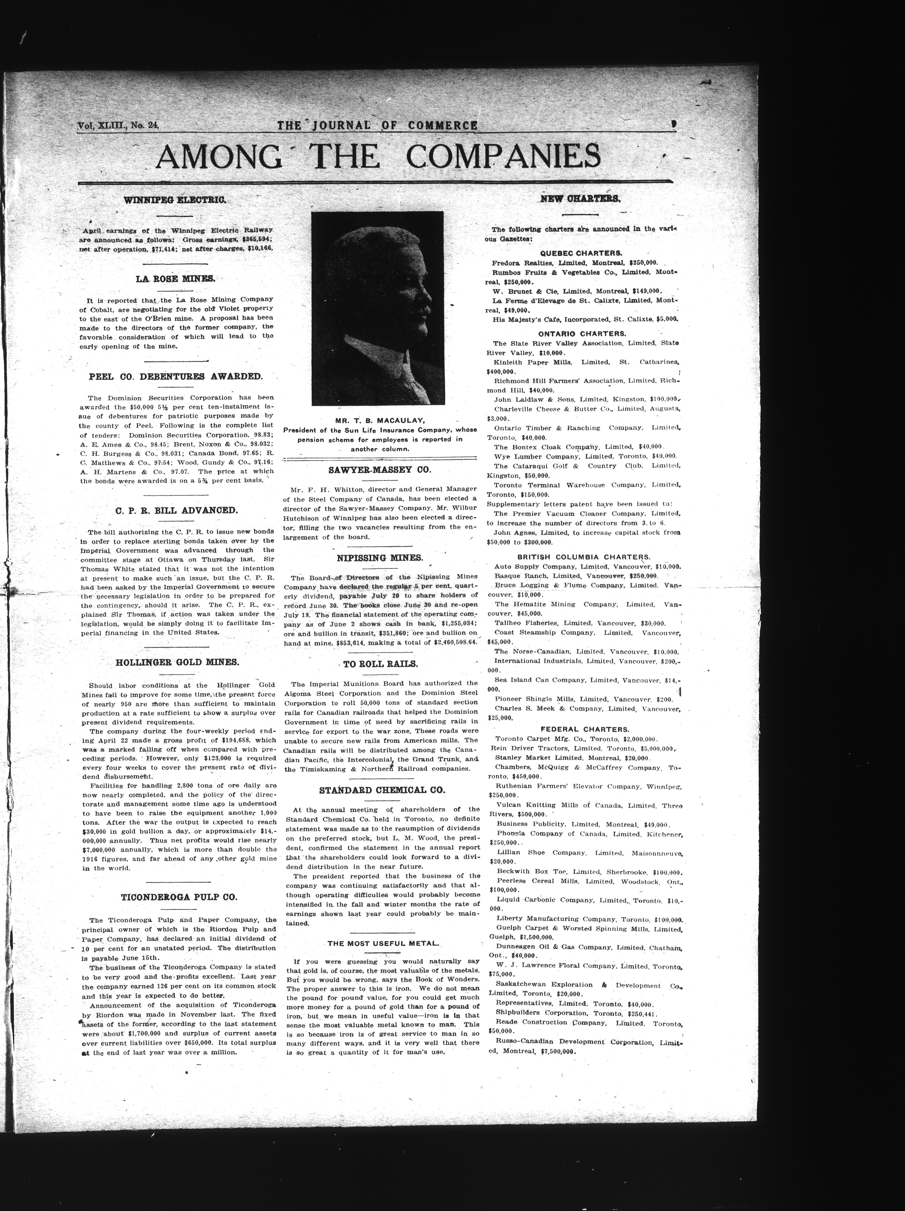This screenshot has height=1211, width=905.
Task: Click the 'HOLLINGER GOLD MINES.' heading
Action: click(177, 662)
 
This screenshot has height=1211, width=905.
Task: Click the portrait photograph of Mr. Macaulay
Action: click(377, 308)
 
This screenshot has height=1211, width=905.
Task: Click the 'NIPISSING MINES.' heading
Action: click(379, 558)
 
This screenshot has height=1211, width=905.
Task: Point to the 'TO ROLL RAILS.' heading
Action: click(381, 664)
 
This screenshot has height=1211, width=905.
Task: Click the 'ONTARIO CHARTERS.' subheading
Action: click(582, 333)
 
